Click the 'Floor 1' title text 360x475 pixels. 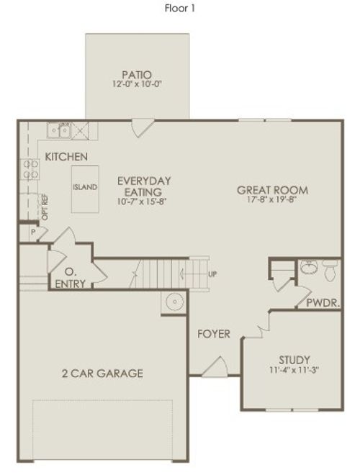[x=180, y=9]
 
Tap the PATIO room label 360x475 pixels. [x=136, y=73]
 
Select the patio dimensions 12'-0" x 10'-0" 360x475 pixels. [x=136, y=84]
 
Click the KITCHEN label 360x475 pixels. [x=66, y=156]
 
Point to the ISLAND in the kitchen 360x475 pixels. [x=85, y=187]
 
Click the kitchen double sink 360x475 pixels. [x=58, y=130]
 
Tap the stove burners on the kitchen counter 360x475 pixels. [x=31, y=169]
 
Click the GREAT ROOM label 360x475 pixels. [x=273, y=190]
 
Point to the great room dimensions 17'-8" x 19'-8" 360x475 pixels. [x=273, y=200]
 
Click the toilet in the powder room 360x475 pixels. [x=330, y=270]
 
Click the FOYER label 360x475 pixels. [x=215, y=334]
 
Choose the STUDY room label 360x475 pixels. [x=294, y=360]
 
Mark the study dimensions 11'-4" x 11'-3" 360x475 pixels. [x=294, y=371]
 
